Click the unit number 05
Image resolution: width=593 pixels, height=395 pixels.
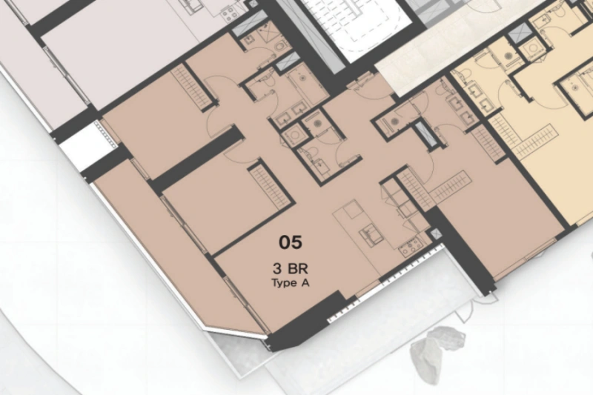point(291,242)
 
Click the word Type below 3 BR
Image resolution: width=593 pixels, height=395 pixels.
point(285,282)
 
